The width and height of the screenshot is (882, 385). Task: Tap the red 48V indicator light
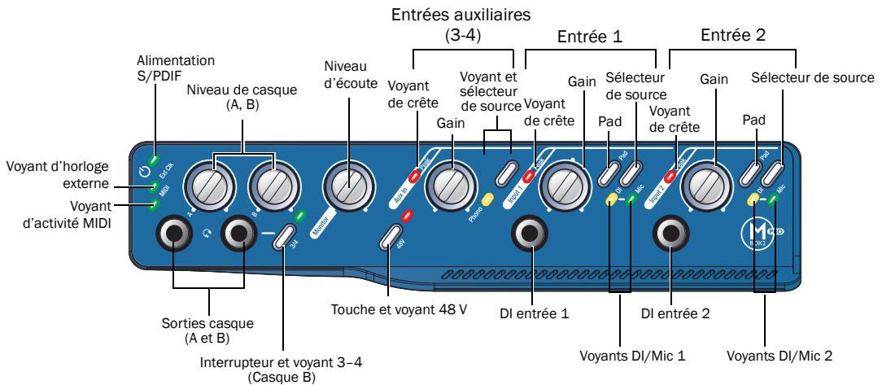point(408,217)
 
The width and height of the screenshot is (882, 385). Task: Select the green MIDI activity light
point(153,205)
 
